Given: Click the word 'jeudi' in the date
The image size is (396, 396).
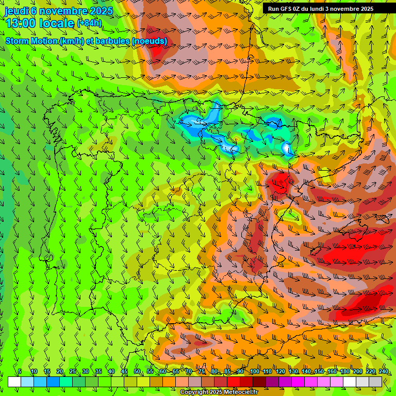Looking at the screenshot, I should click(x=16, y=11).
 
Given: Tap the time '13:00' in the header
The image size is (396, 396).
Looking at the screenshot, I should click(x=21, y=23).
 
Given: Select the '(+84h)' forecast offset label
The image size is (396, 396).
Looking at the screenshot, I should click(x=89, y=23).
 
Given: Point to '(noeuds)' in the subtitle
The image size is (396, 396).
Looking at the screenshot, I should click(x=150, y=41).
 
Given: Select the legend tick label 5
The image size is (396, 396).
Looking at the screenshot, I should click(x=20, y=371).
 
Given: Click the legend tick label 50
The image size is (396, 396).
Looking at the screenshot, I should click(x=137, y=371).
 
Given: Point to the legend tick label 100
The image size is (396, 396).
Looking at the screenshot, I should click(x=254, y=371).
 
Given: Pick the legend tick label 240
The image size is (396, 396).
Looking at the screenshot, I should click(x=384, y=371).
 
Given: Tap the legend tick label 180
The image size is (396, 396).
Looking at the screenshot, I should click(x=345, y=371).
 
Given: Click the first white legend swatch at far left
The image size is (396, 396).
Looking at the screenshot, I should click(x=14, y=382).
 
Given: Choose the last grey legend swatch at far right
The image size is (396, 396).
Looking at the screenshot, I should click(x=375, y=382).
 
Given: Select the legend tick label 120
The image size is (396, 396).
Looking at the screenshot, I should click(x=280, y=371).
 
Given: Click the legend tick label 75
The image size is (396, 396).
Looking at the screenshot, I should click(x=202, y=371).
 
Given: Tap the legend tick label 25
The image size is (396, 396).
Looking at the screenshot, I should click(x=72, y=371).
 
